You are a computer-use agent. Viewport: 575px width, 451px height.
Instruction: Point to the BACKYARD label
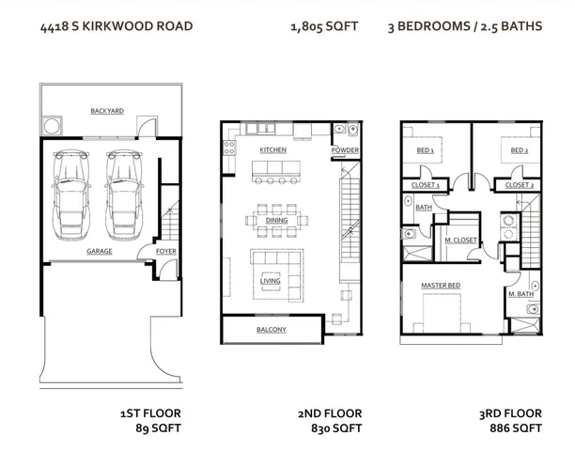pos(107,111)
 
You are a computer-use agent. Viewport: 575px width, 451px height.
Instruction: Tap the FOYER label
pos(165,252)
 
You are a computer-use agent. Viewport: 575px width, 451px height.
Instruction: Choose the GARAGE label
pos(100,252)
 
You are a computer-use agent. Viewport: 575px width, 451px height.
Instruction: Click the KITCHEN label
pos(272,150)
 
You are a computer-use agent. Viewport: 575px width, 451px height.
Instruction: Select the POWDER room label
pos(345,150)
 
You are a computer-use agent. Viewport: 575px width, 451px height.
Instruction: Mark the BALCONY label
pos(272,330)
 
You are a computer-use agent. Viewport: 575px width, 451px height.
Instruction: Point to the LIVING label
pos(271,280)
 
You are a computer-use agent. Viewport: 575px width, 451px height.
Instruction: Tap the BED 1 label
pos(425,150)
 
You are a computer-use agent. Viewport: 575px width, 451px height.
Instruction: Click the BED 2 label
pos(519,150)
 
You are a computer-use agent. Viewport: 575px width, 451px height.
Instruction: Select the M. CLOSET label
pos(460,241)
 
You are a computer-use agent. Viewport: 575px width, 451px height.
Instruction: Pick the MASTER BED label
pos(440,285)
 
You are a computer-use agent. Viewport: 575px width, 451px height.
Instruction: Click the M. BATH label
pos(521,294)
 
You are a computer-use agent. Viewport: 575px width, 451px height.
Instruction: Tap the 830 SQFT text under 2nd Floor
pos(335,428)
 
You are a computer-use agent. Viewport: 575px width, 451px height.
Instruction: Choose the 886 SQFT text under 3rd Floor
pos(516,428)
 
